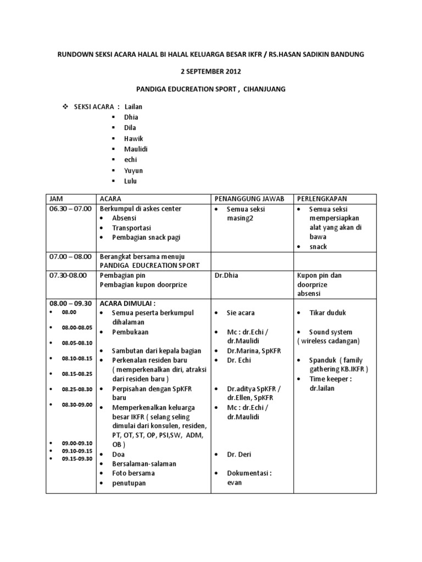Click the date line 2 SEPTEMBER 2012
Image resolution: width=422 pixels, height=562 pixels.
click(211, 71)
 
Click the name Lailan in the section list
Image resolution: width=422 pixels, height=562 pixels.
click(134, 106)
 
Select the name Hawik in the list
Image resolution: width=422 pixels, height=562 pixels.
click(133, 138)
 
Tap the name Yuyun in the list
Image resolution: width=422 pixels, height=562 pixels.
click(134, 170)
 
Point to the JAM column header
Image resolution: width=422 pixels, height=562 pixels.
click(57, 198)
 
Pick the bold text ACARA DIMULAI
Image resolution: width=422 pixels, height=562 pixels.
click(127, 302)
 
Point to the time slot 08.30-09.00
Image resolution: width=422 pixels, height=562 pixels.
click(77, 404)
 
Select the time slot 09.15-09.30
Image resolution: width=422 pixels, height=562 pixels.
click(76, 458)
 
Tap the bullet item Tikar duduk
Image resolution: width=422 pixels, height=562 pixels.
click(327, 313)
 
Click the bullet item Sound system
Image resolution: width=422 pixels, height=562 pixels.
click(331, 332)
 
